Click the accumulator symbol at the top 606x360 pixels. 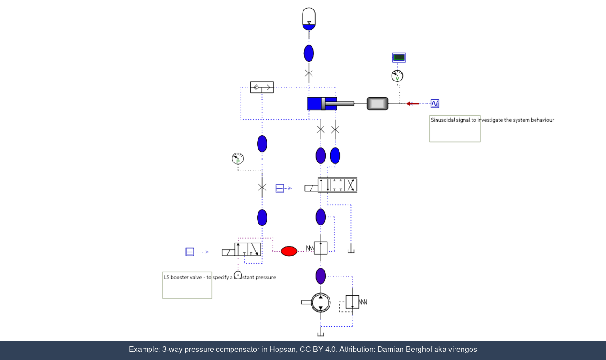point(309,19)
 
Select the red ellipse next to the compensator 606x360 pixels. point(289,251)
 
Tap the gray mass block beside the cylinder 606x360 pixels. point(377,103)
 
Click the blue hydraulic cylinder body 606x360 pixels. point(322,103)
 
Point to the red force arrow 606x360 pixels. point(412,104)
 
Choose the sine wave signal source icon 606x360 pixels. point(435,104)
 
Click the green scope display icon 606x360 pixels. point(399,57)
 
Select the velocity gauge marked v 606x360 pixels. point(397,76)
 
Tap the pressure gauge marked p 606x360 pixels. point(238,159)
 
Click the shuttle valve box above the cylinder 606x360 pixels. point(262,87)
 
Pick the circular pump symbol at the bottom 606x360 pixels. point(321,302)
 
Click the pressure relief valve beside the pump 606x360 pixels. point(352,302)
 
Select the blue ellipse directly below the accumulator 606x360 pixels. point(309,53)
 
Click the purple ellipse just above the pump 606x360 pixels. point(321,276)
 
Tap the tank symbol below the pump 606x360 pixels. point(321,333)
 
